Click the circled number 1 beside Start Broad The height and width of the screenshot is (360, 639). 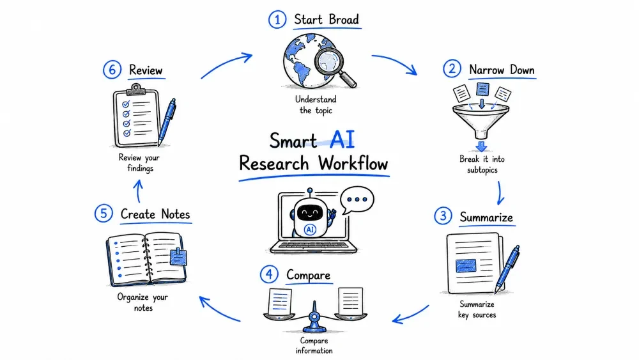pos(277,20)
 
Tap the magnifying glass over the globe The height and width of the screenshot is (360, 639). pos(334,65)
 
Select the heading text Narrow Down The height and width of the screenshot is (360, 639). pos(502,70)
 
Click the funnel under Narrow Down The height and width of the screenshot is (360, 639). pos(481,120)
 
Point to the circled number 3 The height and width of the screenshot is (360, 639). pos(443,215)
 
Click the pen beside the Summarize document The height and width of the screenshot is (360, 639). pos(507,269)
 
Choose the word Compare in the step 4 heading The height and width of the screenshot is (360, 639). pos(308,275)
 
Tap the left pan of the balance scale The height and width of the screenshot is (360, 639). pos(279,316)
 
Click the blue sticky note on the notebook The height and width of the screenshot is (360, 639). pos(178,257)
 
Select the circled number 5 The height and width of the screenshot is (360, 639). pos(104,213)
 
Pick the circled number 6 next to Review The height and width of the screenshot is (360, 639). pos(112,70)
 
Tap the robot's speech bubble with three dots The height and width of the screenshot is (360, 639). pos(357,200)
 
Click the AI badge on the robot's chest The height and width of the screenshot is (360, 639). pos(310,230)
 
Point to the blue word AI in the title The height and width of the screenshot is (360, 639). pos(342,139)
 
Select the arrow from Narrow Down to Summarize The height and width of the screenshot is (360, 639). pos(500,193)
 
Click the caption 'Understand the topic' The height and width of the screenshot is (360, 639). pos(316,105)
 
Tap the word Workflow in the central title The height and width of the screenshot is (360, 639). pos(353,164)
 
